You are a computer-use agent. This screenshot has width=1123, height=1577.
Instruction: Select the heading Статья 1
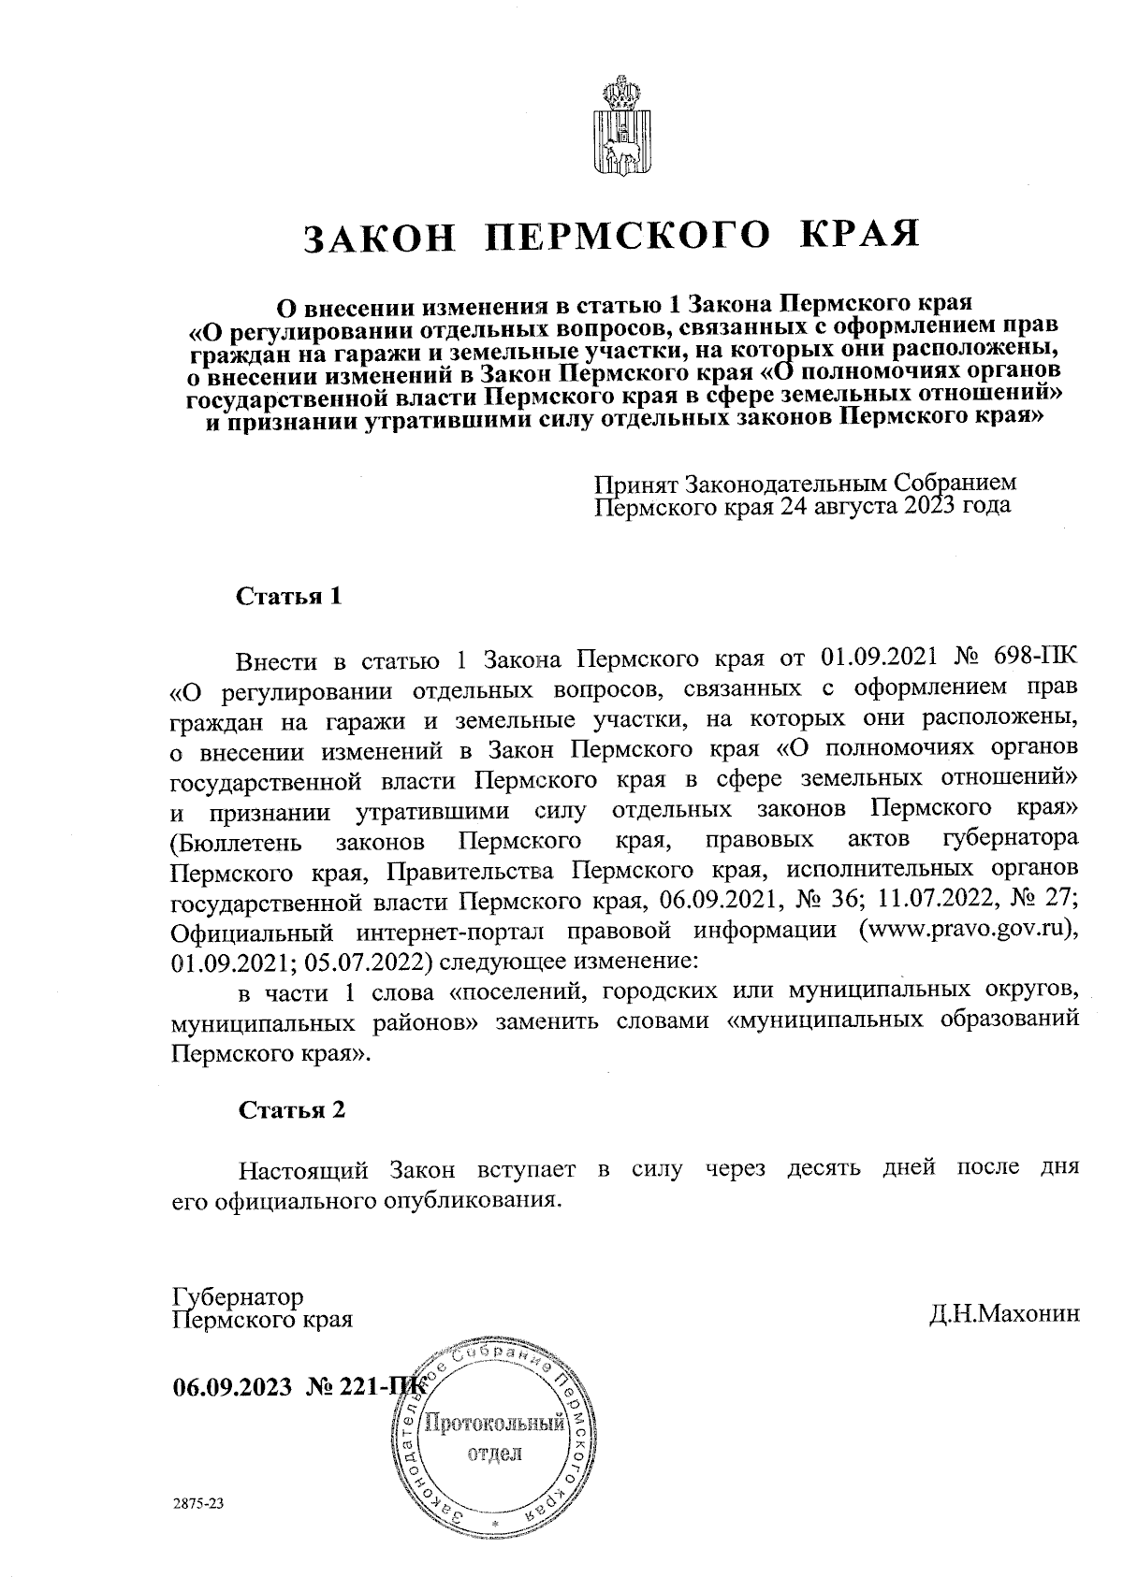(x=289, y=597)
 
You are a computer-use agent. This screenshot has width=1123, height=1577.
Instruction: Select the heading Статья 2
(x=292, y=1110)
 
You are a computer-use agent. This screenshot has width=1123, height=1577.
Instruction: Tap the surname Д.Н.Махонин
(x=1004, y=1314)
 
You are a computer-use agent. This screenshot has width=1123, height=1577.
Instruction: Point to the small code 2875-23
(x=199, y=1505)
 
